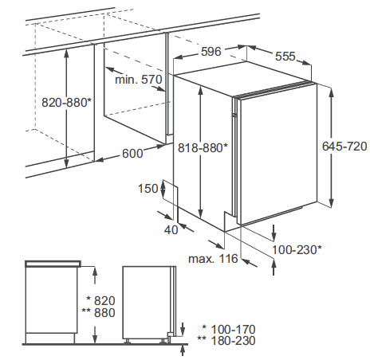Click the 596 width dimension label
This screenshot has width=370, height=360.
(x=211, y=52)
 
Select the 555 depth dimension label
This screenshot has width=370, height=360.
(x=285, y=57)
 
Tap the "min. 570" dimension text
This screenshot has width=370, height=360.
(x=139, y=80)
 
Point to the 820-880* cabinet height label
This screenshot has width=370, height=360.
(x=66, y=103)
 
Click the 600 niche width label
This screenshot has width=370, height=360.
(x=132, y=154)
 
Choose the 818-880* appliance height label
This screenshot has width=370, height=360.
(x=203, y=147)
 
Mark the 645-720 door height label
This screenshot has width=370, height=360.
(x=344, y=147)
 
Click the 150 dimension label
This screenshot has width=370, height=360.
(x=148, y=189)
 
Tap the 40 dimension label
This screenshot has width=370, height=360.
(x=171, y=230)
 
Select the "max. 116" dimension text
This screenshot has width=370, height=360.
(x=213, y=259)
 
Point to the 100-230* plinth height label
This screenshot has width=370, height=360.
(x=297, y=250)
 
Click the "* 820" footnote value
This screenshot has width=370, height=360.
(x=101, y=301)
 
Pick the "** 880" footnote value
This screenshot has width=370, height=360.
(x=99, y=313)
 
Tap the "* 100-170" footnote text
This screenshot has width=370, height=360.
(x=229, y=329)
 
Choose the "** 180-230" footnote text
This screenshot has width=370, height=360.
(x=226, y=341)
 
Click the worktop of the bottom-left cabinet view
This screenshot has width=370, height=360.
(x=53, y=264)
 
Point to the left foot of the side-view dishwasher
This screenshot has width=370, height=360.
(x=128, y=342)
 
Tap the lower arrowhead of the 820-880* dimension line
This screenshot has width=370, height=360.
(x=66, y=163)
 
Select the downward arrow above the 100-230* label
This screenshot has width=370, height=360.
(x=274, y=233)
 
